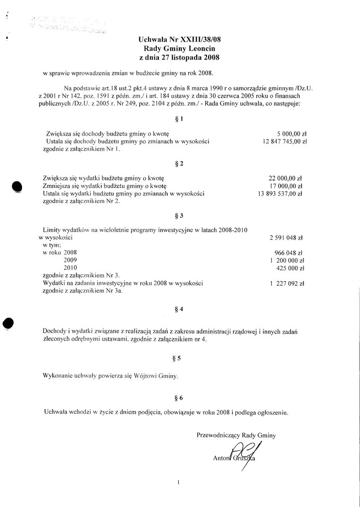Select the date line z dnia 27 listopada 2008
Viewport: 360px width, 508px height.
180,58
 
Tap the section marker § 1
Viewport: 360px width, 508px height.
180,119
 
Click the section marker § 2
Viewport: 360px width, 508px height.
180,163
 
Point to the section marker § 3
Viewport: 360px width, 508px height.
180,216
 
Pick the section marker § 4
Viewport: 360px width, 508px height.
180,309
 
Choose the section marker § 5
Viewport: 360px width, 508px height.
180,357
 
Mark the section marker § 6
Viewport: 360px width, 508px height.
180,398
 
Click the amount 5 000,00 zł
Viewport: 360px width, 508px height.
292,134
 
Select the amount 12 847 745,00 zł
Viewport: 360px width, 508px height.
282,141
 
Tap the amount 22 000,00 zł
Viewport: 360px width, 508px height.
286,178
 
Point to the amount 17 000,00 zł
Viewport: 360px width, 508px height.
286,186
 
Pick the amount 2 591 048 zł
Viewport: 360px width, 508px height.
287,238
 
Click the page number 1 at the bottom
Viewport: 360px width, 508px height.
178,482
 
